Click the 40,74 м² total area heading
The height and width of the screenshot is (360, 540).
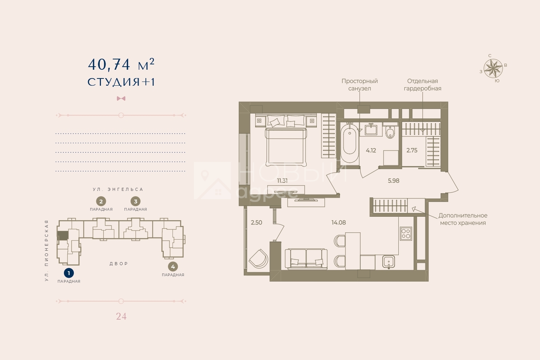coord(121,64)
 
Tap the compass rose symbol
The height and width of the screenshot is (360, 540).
coord(493,69)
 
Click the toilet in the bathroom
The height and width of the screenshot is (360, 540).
coord(390,131)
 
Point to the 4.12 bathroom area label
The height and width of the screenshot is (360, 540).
coord(371,150)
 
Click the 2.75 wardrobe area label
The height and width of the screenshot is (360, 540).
coord(412,150)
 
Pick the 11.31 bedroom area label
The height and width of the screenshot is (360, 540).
coord(282,181)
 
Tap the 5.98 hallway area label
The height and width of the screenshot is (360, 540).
coord(393,181)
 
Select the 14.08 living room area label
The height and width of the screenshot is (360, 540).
coord(339,222)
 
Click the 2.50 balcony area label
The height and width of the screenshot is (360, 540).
coord(256,222)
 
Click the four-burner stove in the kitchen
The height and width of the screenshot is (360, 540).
coord(406,234)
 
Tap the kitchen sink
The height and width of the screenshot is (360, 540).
coord(388,262)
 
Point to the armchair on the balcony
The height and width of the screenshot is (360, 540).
coord(259,259)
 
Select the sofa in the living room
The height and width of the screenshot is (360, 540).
coord(306,259)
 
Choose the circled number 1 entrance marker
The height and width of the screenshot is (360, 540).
coord(69,273)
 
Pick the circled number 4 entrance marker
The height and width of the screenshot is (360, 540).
coord(173,267)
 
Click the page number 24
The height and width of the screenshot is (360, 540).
coord(121,316)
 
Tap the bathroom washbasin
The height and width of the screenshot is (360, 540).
coord(371,130)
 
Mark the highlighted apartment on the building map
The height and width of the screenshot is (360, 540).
coord(63,235)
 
